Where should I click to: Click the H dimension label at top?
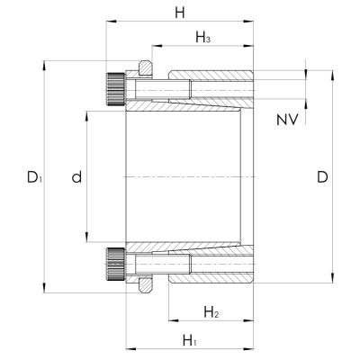[x=180, y=13]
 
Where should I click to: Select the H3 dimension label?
[x=203, y=38]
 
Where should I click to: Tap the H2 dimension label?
[x=211, y=312]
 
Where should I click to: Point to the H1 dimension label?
[x=190, y=341]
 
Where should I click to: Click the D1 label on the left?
[x=34, y=177]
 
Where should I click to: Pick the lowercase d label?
[x=76, y=176]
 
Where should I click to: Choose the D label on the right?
[x=322, y=177]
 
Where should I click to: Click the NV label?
[x=287, y=120]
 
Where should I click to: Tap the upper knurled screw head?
[x=115, y=89]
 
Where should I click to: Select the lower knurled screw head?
[x=115, y=265]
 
